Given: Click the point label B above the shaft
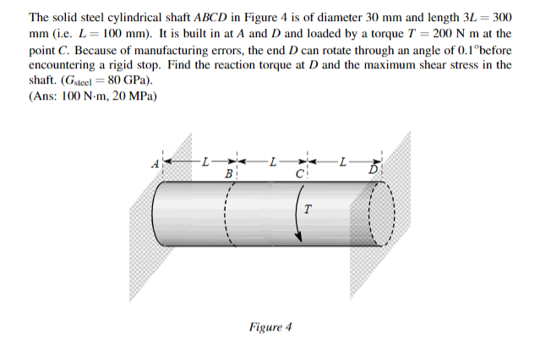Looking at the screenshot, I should (x=227, y=172).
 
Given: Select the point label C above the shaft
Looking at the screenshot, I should (x=299, y=172).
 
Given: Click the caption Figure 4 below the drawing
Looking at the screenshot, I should (x=270, y=326).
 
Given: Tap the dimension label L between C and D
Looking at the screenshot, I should (x=341, y=160).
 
